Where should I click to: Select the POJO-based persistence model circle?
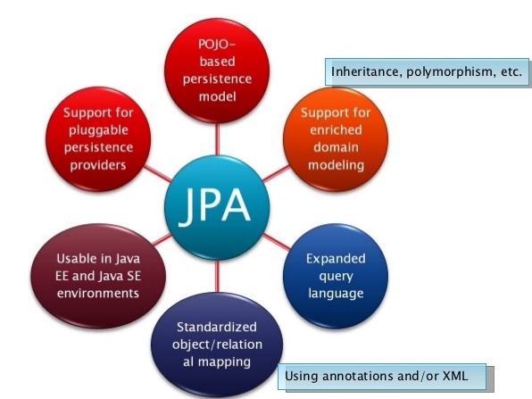click(x=218, y=72)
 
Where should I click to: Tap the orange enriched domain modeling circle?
click(x=331, y=139)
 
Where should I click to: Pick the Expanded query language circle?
click(x=336, y=275)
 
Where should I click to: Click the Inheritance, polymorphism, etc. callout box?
click(x=426, y=71)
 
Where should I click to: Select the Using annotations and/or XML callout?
click(x=385, y=376)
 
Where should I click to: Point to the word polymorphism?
click(x=443, y=71)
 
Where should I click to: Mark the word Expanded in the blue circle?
click(x=336, y=259)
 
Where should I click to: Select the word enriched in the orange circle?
click(x=331, y=131)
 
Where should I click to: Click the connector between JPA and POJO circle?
click(x=218, y=142)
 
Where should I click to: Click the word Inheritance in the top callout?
click(x=364, y=71)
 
